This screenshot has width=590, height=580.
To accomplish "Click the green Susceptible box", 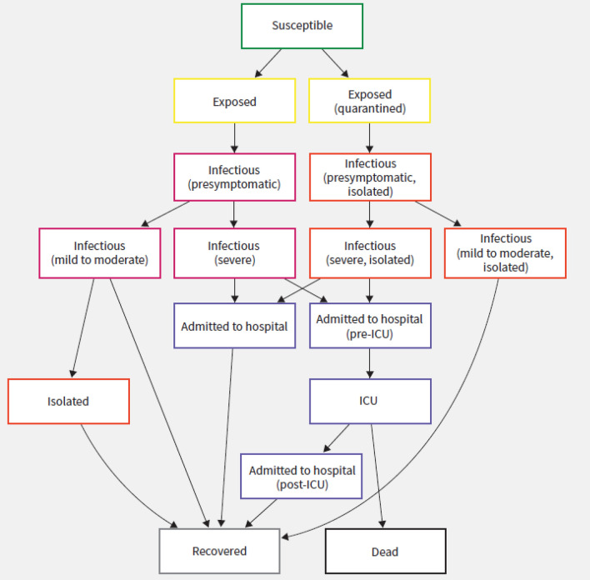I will click(302, 26).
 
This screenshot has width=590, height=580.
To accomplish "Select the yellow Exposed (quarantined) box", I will click(369, 101).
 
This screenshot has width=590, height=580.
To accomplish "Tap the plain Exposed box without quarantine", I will click(234, 101).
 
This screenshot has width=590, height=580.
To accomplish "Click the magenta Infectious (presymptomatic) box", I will click(234, 177).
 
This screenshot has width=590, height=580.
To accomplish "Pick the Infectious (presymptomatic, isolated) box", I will click(369, 177).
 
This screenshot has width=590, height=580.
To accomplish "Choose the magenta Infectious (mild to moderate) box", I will click(99, 252).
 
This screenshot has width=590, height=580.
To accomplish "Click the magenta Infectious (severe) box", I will click(234, 252).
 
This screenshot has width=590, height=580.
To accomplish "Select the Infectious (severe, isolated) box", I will click(369, 252).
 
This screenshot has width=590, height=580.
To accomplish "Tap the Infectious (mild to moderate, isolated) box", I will click(505, 252).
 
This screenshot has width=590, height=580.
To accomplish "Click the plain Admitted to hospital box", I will click(234, 326).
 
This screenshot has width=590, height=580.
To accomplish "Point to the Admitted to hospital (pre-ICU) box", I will click(369, 326).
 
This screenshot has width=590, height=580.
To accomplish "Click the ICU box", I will click(369, 401).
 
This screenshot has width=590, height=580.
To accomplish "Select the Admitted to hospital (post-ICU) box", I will click(302, 477).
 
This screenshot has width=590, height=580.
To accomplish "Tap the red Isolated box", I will click(68, 401).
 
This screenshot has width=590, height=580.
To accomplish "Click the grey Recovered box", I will click(219, 551).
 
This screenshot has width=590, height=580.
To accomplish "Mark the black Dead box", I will click(385, 551).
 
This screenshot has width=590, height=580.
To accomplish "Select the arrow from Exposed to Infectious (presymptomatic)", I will click(234, 137).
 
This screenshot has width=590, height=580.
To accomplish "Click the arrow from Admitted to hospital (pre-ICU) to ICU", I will click(369, 363).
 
